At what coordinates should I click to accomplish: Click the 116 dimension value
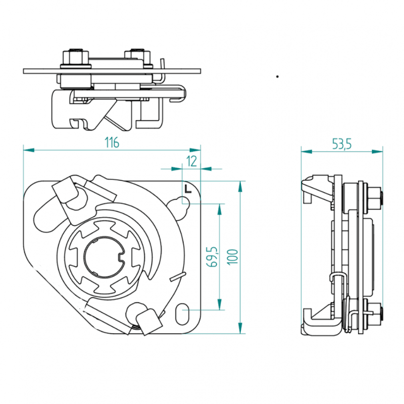tap(112, 142)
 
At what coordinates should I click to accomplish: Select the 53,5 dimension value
tap(342, 144)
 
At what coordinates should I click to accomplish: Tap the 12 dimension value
tap(191, 161)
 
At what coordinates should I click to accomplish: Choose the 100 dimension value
tap(232, 257)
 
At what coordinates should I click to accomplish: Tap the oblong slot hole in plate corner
tap(183, 314)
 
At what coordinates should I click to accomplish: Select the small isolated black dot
tap(277, 77)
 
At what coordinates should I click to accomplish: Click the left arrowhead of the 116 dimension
tap(29, 150)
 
